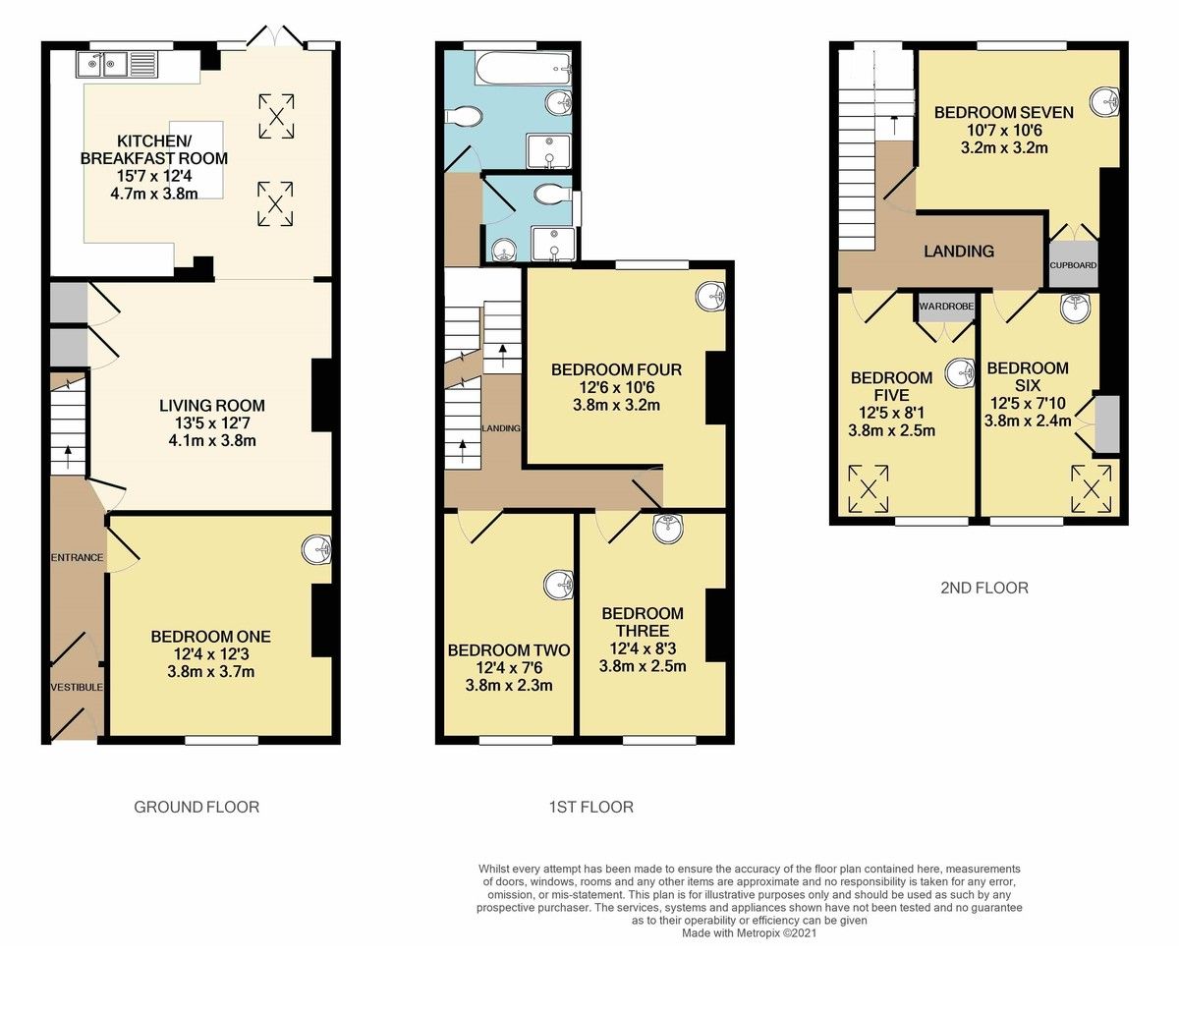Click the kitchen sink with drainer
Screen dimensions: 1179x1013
pyautogui.click(x=112, y=65)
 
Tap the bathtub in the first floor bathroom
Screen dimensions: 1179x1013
pyautogui.click(x=523, y=69)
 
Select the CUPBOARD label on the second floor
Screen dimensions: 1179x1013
pyautogui.click(x=1073, y=265)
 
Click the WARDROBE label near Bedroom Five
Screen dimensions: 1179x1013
pyautogui.click(x=946, y=307)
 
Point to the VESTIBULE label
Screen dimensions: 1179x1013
pyautogui.click(x=77, y=688)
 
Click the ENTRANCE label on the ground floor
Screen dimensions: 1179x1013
pyautogui.click(x=77, y=557)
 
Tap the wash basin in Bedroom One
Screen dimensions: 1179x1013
pyautogui.click(x=317, y=550)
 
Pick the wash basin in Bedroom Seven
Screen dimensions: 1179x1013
pyautogui.click(x=1105, y=102)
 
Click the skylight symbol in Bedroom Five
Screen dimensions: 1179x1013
pyautogui.click(x=869, y=489)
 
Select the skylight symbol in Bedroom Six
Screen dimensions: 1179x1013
pyautogui.click(x=1092, y=489)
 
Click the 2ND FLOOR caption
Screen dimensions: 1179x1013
pyautogui.click(x=984, y=589)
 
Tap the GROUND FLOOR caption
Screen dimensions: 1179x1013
pyautogui.click(x=196, y=807)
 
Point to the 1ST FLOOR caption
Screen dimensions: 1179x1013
pyautogui.click(x=590, y=807)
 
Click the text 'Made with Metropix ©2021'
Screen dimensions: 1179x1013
pyautogui.click(x=749, y=933)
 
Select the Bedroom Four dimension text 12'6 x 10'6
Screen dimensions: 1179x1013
pyautogui.click(x=617, y=388)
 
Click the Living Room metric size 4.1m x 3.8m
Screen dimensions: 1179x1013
pyautogui.click(x=212, y=441)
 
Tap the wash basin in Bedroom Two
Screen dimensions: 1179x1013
pyautogui.click(x=559, y=586)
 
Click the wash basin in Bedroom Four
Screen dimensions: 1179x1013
pyautogui.click(x=710, y=297)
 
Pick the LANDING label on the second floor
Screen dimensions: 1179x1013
pyautogui.click(x=959, y=251)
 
